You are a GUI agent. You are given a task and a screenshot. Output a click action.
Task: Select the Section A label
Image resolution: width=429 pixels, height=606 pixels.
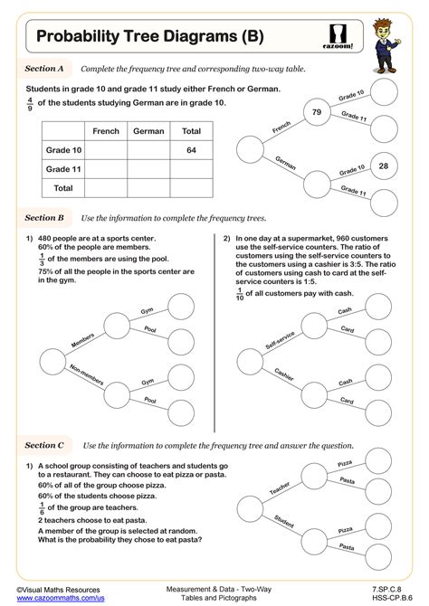click(44, 69)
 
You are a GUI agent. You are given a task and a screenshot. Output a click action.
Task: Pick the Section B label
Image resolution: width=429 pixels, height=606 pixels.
click(44, 218)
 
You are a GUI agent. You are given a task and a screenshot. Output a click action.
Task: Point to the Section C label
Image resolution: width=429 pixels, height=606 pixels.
click(44, 445)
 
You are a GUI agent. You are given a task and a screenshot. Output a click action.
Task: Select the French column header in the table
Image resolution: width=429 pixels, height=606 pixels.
click(106, 131)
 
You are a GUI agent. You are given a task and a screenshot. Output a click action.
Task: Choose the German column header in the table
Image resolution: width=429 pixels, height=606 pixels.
click(148, 131)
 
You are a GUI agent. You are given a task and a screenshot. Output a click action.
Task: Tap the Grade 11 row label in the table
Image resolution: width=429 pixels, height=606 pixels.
click(64, 169)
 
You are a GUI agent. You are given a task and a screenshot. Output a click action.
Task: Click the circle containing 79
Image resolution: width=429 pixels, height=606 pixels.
click(317, 112)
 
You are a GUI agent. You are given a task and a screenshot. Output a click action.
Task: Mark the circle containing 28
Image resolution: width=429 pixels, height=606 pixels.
click(383, 166)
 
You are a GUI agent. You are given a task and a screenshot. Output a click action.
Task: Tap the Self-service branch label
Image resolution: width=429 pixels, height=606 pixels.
click(281, 340)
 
